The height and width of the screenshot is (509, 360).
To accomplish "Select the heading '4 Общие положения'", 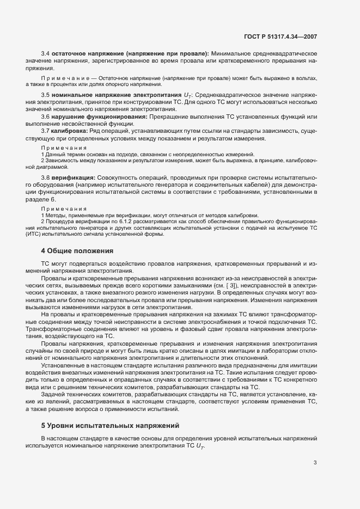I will pos(77,251).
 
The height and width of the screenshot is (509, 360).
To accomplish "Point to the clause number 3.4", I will pos(46,54).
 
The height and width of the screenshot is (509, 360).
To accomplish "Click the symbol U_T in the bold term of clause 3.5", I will pos(172,95).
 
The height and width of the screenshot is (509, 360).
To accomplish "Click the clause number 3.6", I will pos(46,116).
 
